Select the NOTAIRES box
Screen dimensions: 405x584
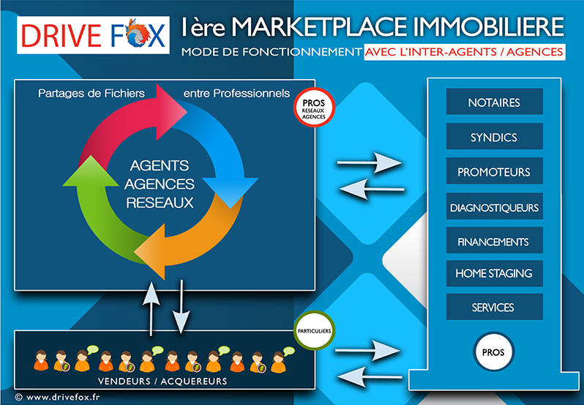tap(493, 103)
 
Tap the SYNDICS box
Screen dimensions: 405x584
tap(493, 137)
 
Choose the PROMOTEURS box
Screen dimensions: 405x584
tap(493, 173)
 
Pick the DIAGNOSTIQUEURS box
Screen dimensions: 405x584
tap(494, 207)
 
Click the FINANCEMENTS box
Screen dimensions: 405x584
tap(493, 242)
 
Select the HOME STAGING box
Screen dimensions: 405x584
tap(493, 273)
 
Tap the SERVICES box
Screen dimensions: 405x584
tap(493, 308)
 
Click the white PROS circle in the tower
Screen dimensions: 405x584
tap(493, 352)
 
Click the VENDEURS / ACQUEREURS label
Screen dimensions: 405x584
tap(163, 382)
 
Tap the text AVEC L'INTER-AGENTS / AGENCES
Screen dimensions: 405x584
tap(464, 53)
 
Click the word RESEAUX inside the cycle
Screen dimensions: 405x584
tap(160, 202)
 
